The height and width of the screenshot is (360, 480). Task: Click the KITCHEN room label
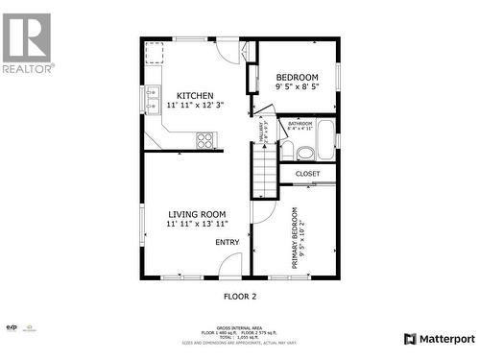[x=194, y=95]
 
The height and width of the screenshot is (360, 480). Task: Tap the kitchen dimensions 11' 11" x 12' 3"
[x=194, y=105]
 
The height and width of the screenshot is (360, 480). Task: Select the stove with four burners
[x=204, y=140]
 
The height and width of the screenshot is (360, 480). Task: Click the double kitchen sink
[x=153, y=100]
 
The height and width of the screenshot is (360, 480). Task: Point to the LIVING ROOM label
[x=197, y=214]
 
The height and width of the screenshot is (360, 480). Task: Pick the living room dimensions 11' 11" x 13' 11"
[x=197, y=225]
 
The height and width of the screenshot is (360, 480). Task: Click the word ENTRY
[x=227, y=242]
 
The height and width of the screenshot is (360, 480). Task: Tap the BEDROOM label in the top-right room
[x=297, y=77]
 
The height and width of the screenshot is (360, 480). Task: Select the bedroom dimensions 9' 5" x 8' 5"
[x=297, y=86]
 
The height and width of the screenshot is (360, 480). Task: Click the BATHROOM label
[x=300, y=123]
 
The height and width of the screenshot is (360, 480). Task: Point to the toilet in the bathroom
[x=304, y=152]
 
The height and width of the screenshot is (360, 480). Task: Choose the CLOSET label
[x=307, y=174]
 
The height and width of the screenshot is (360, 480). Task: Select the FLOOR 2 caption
[x=239, y=297]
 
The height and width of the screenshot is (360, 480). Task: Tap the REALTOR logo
[x=27, y=43]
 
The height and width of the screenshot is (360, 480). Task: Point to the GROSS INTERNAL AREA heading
[x=239, y=326]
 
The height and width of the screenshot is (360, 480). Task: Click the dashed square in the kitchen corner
[x=155, y=51]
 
